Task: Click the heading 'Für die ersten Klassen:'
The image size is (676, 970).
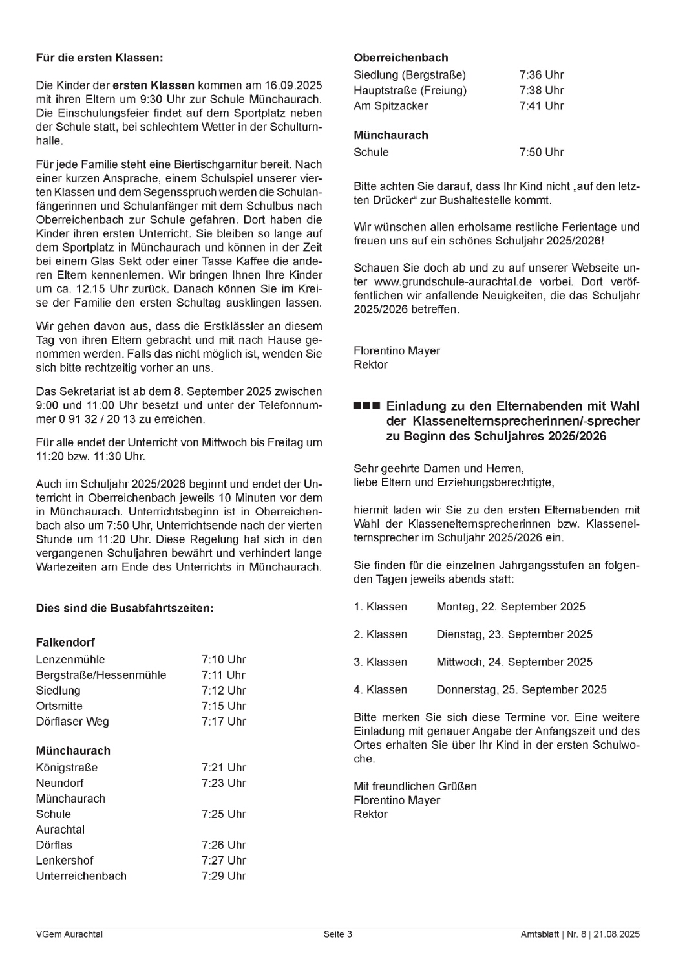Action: tap(100, 58)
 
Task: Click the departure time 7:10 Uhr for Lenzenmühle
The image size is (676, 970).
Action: tap(224, 660)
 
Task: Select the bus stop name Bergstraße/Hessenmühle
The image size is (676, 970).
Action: tap(101, 675)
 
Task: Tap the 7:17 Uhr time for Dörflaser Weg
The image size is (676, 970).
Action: tap(224, 722)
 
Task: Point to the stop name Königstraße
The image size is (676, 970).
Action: tap(67, 768)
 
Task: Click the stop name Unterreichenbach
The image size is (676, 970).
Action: tap(81, 876)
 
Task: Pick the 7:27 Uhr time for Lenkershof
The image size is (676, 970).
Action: tap(224, 861)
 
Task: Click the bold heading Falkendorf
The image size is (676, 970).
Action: tap(65, 643)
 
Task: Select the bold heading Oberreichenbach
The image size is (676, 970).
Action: tap(401, 58)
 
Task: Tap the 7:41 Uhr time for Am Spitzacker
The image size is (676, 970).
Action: tap(542, 106)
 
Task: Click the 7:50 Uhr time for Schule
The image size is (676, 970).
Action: tap(542, 153)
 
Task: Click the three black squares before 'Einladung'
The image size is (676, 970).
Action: tap(366, 407)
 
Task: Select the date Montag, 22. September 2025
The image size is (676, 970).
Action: tap(511, 607)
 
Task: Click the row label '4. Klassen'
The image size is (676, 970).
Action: tap(380, 689)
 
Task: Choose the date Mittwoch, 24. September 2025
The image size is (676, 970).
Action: tap(514, 662)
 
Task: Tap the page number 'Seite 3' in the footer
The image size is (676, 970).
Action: tap(338, 934)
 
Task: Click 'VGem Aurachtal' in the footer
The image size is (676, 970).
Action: tap(69, 934)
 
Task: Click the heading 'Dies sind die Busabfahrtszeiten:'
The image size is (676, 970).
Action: tap(125, 609)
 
